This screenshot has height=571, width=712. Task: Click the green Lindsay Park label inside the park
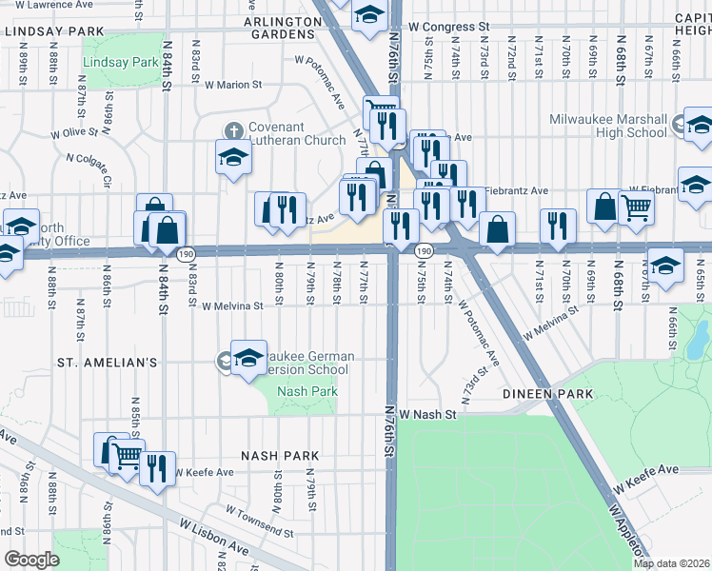point(119,63)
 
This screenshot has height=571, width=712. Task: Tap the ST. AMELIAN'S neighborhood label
point(106,363)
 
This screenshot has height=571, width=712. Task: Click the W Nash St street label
point(428,415)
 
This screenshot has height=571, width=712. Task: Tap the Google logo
point(31,560)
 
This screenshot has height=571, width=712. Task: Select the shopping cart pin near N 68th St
point(636,207)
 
